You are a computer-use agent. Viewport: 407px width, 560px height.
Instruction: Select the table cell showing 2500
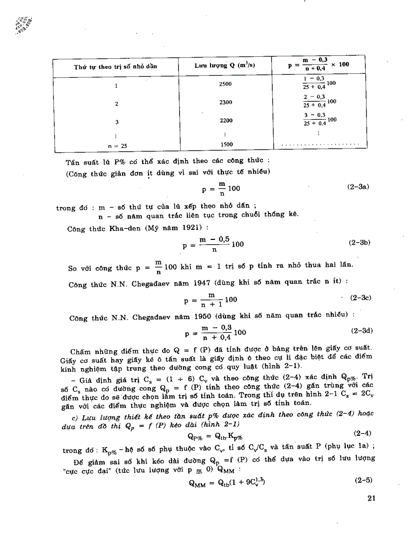[225, 84]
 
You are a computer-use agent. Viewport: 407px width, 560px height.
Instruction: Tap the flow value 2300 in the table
[225, 102]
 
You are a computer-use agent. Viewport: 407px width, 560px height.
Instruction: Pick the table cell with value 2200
[225, 121]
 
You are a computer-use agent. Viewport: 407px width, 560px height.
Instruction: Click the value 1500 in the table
[225, 145]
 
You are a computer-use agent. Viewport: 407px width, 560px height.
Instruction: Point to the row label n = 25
[118, 146]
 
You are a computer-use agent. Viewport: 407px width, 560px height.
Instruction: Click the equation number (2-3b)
[360, 243]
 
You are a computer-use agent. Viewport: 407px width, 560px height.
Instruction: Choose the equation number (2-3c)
[360, 298]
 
